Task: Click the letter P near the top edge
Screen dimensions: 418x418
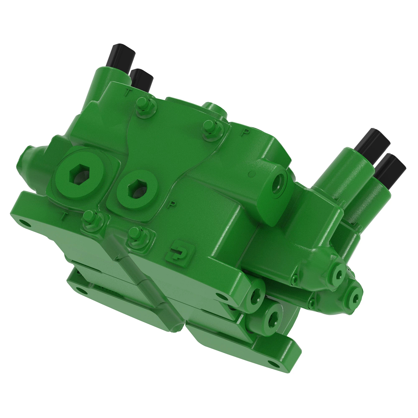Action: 246,132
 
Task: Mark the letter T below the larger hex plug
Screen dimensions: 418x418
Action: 64,217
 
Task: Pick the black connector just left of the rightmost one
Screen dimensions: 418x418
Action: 373,143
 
